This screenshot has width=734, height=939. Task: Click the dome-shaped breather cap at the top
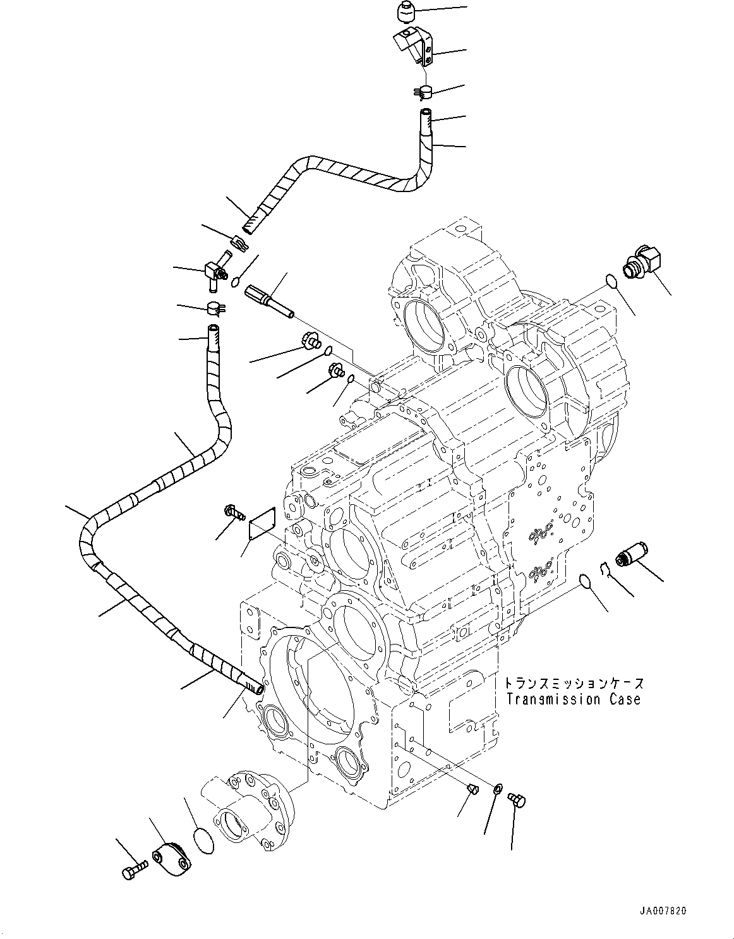coord(404,11)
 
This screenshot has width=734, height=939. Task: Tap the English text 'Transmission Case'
coord(573,699)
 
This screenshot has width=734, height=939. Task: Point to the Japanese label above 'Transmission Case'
coord(574,684)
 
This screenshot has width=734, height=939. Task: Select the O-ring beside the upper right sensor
coord(611,281)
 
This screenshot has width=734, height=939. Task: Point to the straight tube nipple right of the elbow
coord(272,300)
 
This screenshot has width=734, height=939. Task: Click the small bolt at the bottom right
coord(517,800)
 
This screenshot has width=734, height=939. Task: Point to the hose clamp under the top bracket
coord(423,92)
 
